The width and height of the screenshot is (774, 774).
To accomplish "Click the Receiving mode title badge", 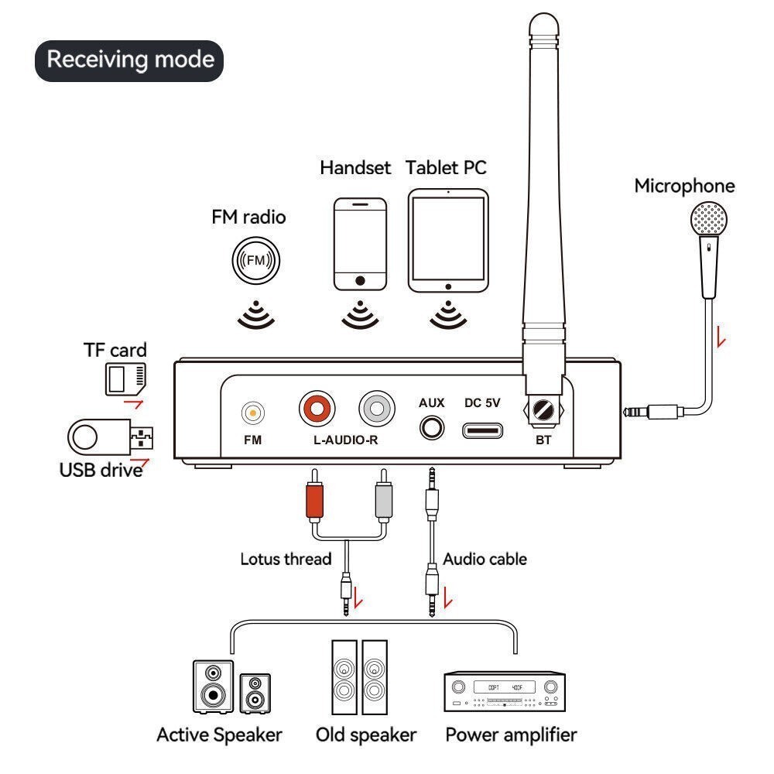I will (128, 60).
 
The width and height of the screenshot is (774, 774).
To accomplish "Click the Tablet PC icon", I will (448, 241).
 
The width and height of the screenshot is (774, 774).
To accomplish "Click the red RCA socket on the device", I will (317, 408).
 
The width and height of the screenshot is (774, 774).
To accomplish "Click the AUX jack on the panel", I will (431, 426).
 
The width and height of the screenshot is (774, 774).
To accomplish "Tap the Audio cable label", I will (485, 559).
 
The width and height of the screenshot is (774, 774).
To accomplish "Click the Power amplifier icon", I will (503, 690).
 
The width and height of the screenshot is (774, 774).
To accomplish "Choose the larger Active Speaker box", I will (213, 686).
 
